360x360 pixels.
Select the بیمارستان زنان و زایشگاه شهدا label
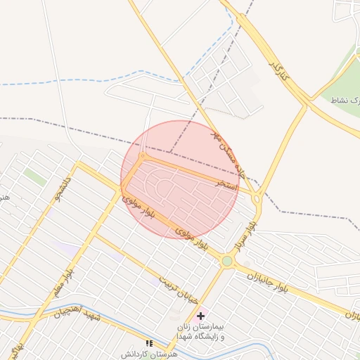pos(201,332)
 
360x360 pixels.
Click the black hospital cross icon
pos(201,317)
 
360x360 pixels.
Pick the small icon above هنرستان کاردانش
pos(148,343)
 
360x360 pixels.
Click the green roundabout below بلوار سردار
pos(227,262)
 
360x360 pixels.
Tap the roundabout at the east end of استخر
pos(257,200)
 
